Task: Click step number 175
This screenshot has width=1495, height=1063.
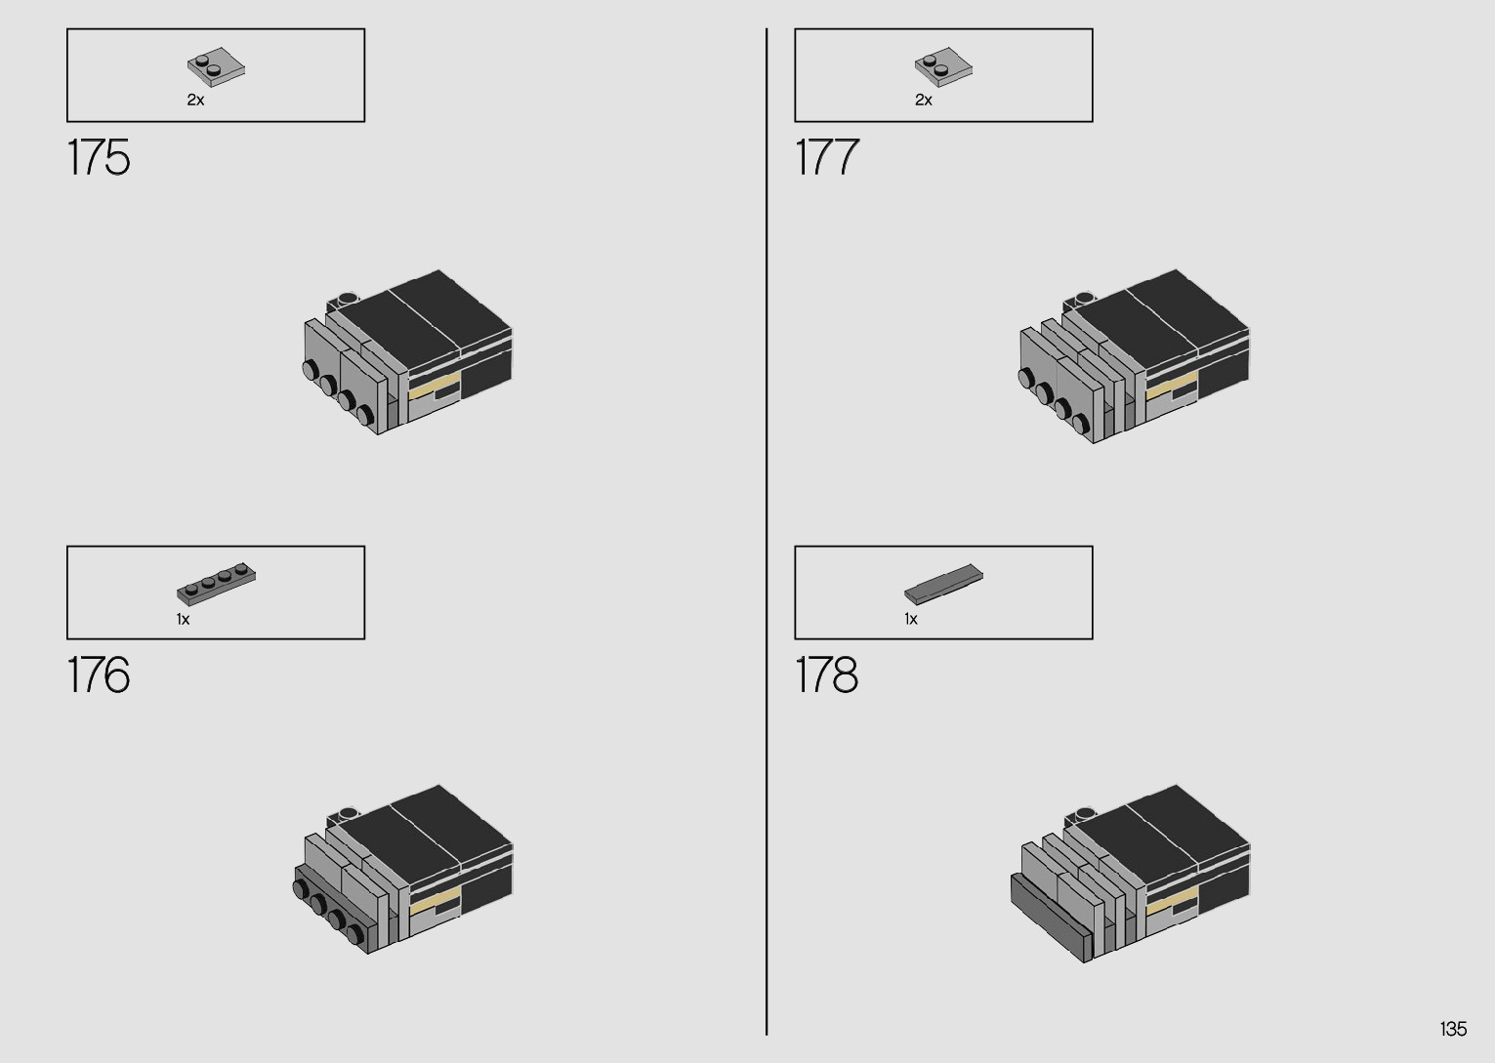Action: (x=99, y=157)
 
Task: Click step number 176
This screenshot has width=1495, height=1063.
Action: (x=99, y=675)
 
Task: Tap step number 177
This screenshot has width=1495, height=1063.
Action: (x=827, y=157)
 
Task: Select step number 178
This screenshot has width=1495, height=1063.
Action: (x=827, y=675)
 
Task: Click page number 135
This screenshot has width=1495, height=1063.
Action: (x=1452, y=1029)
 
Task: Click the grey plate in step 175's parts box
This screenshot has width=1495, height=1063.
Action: (x=216, y=66)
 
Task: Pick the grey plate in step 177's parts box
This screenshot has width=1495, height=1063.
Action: (x=943, y=66)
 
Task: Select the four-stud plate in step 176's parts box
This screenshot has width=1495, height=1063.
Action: (x=216, y=583)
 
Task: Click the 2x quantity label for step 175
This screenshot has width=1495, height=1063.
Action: (x=195, y=100)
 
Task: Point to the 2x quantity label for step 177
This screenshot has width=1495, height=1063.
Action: (x=923, y=100)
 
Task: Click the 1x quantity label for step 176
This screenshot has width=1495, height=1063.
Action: (x=183, y=619)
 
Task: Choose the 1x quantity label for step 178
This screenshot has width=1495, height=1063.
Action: (x=910, y=619)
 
